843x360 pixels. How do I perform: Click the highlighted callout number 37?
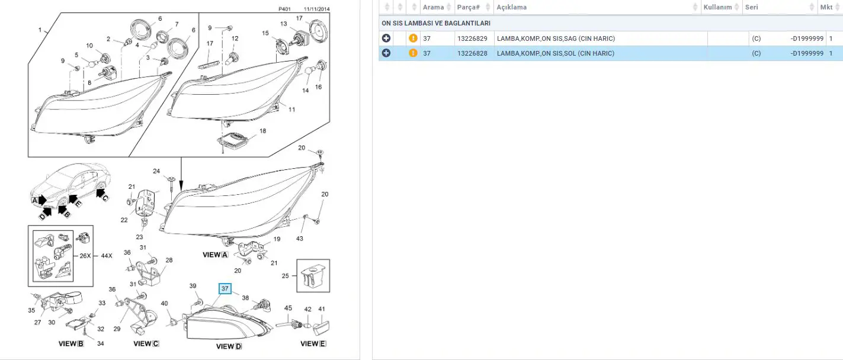click(225, 288)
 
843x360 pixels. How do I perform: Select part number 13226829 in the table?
click(472, 38)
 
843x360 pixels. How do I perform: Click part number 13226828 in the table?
click(472, 53)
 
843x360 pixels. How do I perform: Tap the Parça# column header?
click(468, 7)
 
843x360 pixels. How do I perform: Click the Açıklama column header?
click(511, 7)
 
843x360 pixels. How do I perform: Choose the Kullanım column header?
click(717, 7)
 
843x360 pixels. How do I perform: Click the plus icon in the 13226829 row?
click(386, 38)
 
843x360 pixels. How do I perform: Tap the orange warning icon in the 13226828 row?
click(413, 53)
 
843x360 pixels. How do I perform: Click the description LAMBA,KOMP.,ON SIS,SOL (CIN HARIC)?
click(556, 53)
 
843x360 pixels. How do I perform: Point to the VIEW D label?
click(229, 346)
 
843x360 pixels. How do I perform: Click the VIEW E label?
click(313, 343)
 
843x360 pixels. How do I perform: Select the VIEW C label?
click(146, 343)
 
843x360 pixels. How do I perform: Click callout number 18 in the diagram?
click(262, 131)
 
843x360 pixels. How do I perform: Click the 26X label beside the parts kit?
click(85, 256)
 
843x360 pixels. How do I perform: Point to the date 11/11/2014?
click(316, 9)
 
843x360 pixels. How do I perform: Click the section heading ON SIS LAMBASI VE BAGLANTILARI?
click(436, 23)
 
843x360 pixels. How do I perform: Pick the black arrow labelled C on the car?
click(101, 194)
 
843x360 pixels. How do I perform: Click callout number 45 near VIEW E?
click(288, 308)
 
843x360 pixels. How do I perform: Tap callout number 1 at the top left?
click(40, 30)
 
